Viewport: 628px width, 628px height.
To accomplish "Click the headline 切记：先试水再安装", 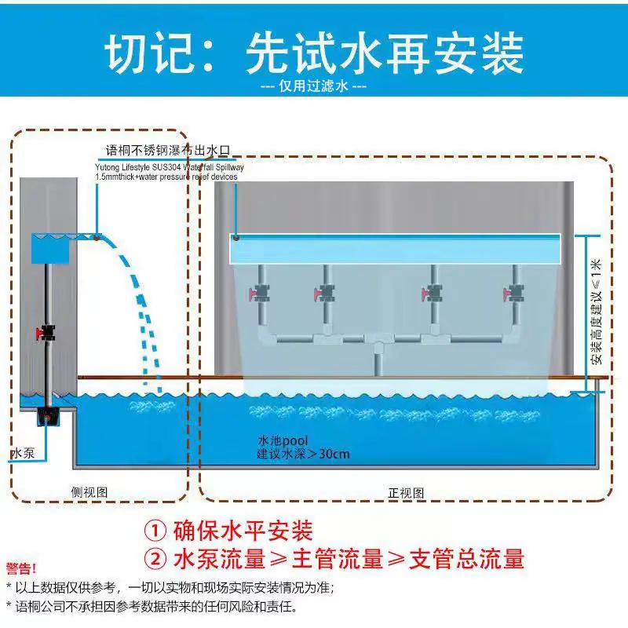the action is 315,53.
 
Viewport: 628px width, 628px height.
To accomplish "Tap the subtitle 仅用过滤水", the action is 313,86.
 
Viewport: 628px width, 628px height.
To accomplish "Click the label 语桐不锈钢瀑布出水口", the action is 168,151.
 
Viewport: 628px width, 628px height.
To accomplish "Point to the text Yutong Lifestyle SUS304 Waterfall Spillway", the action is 170,167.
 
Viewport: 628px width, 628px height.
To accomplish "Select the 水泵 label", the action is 24,454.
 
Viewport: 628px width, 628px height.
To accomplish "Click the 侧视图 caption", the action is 89,492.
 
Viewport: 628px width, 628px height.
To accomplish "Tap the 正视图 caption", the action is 406,493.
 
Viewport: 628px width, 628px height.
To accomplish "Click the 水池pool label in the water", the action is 283,441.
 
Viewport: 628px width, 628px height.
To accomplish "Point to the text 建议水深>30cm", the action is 304,455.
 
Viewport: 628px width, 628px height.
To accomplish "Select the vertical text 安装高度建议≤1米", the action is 596,312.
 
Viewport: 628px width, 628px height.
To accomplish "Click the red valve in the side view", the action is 46,332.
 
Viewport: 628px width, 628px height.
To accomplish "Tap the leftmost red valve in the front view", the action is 259,294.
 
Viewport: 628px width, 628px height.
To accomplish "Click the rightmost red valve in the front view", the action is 513,294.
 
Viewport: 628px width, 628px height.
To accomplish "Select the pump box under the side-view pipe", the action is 48,417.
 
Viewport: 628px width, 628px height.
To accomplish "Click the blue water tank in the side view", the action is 50,249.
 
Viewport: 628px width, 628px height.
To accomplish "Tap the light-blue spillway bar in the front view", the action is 395,249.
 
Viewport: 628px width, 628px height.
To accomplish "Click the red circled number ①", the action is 155,531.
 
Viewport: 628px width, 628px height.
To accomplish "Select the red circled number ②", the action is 155,559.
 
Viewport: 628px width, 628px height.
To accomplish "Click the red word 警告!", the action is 21,568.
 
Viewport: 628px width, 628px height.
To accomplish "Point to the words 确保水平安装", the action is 243,531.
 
